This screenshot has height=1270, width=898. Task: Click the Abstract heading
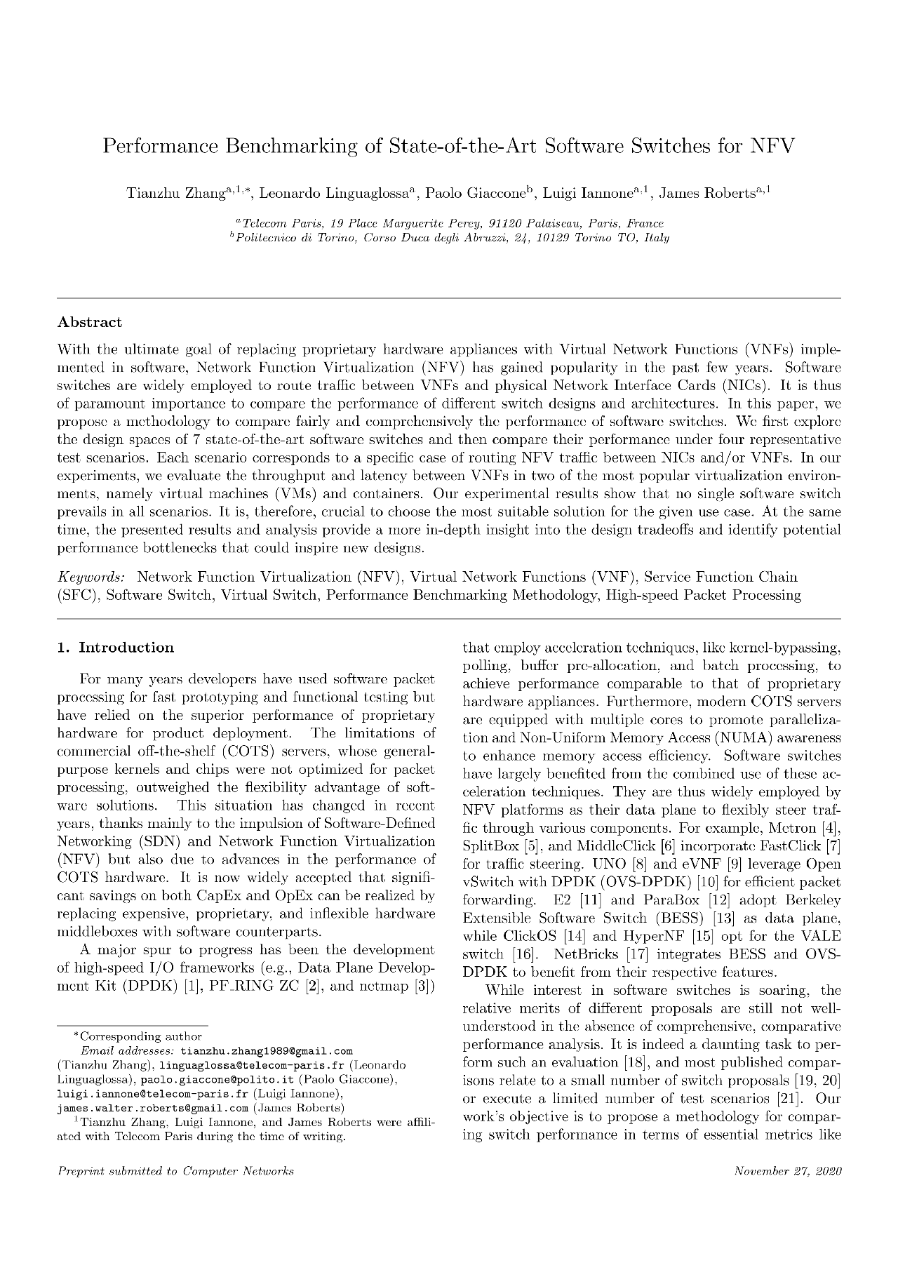(x=89, y=323)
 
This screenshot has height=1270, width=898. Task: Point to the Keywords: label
(x=91, y=577)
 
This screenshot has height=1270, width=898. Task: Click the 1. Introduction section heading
(x=115, y=648)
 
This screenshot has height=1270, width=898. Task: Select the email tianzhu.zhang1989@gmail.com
(x=267, y=1051)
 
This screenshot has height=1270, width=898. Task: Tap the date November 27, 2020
(x=787, y=1171)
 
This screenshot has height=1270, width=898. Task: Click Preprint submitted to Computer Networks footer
(x=175, y=1171)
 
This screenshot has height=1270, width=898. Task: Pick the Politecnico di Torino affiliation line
(x=449, y=238)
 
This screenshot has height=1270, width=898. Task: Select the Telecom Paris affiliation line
(x=449, y=223)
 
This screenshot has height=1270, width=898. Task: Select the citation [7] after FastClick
(x=833, y=846)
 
